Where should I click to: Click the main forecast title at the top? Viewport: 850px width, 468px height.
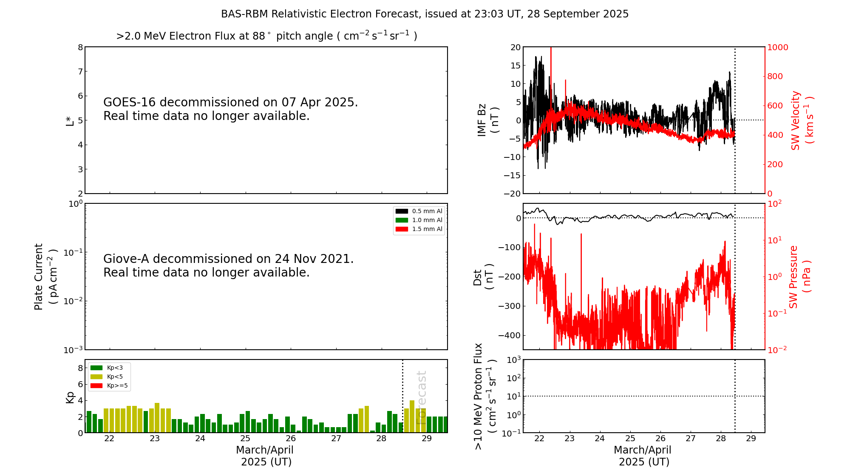click(425, 14)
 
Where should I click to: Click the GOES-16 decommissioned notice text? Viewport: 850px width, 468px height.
click(230, 109)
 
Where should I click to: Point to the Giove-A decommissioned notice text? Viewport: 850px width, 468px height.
click(228, 265)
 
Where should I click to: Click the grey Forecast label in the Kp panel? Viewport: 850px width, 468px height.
click(421, 397)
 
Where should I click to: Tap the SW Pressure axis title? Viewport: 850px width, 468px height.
click(799, 277)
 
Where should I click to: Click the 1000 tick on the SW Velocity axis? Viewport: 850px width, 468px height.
click(777, 47)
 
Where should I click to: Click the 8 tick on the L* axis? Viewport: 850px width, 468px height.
click(80, 47)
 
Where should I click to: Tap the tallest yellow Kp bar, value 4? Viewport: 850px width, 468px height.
click(412, 416)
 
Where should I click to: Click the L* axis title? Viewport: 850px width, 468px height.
click(70, 120)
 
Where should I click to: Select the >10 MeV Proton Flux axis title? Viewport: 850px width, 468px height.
click(485, 396)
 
